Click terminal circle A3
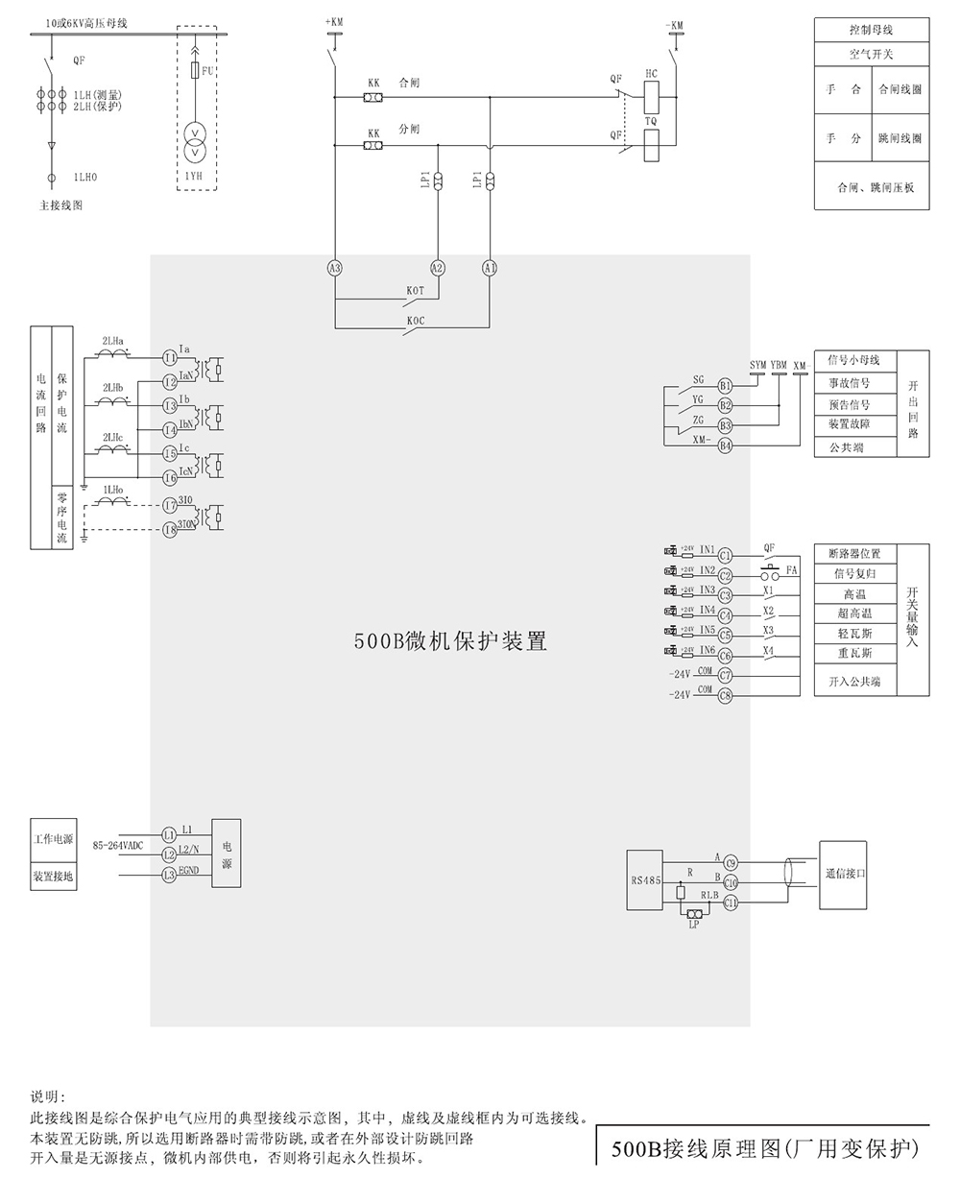(335, 269)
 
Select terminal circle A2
(438, 269)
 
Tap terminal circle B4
(726, 445)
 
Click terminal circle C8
(726, 695)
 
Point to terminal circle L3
(169, 875)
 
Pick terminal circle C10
(730, 882)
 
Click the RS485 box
(644, 879)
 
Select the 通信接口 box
(845, 875)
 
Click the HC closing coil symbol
(651, 93)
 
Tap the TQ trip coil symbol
(651, 141)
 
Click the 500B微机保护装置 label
(450, 642)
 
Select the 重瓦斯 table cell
(852, 654)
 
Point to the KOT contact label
(415, 290)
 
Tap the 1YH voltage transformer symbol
(195, 141)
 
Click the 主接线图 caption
(60, 205)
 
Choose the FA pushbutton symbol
(770, 574)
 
